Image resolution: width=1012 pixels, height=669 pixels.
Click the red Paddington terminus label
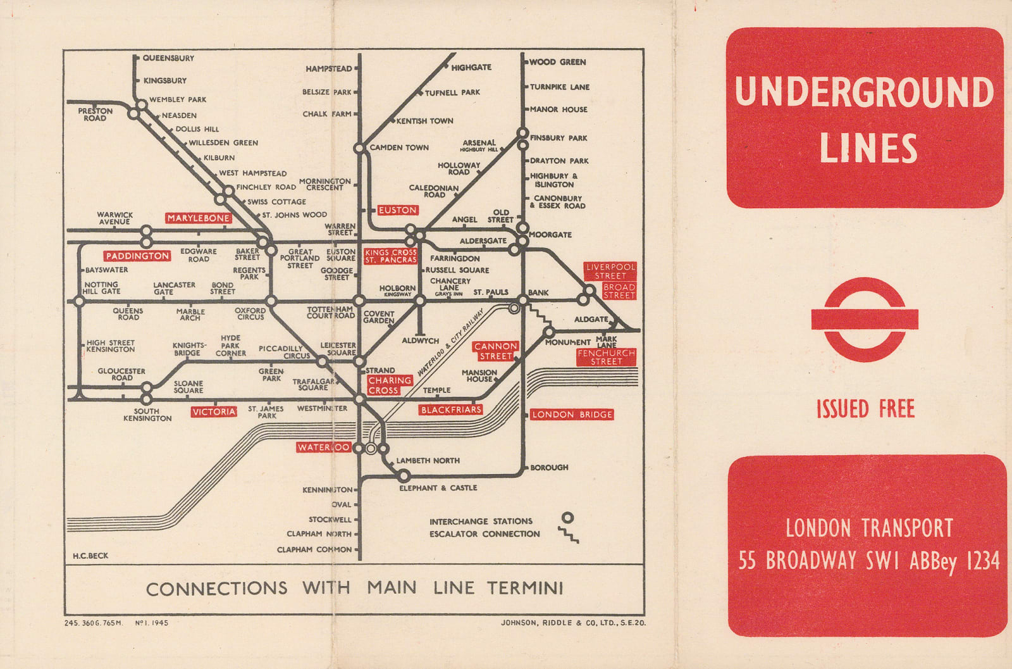tap(137, 256)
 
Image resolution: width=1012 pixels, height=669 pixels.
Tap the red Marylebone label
tap(199, 218)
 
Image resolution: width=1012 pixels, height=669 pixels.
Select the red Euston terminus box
tap(397, 210)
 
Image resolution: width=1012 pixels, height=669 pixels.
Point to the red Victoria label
tap(214, 412)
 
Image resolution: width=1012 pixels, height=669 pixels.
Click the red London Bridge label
tap(572, 415)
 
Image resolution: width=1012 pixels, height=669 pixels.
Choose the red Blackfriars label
tap(451, 410)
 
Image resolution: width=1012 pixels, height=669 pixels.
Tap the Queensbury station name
tap(168, 58)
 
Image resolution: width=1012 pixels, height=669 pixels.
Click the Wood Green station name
tap(557, 62)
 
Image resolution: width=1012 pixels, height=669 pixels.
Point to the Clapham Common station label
tap(314, 549)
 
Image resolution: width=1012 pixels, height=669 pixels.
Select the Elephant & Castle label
tap(438, 488)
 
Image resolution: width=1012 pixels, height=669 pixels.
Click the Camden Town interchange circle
tap(359, 148)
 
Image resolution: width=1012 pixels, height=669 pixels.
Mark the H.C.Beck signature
tap(90, 556)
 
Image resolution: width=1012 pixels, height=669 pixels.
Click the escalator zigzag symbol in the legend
tap(569, 536)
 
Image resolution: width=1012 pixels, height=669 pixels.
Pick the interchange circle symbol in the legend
tap(568, 517)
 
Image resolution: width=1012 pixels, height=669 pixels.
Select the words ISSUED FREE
tap(865, 409)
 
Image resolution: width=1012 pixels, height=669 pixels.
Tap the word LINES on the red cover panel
tap(868, 149)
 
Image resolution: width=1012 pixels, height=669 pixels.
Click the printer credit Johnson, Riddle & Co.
tap(573, 623)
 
